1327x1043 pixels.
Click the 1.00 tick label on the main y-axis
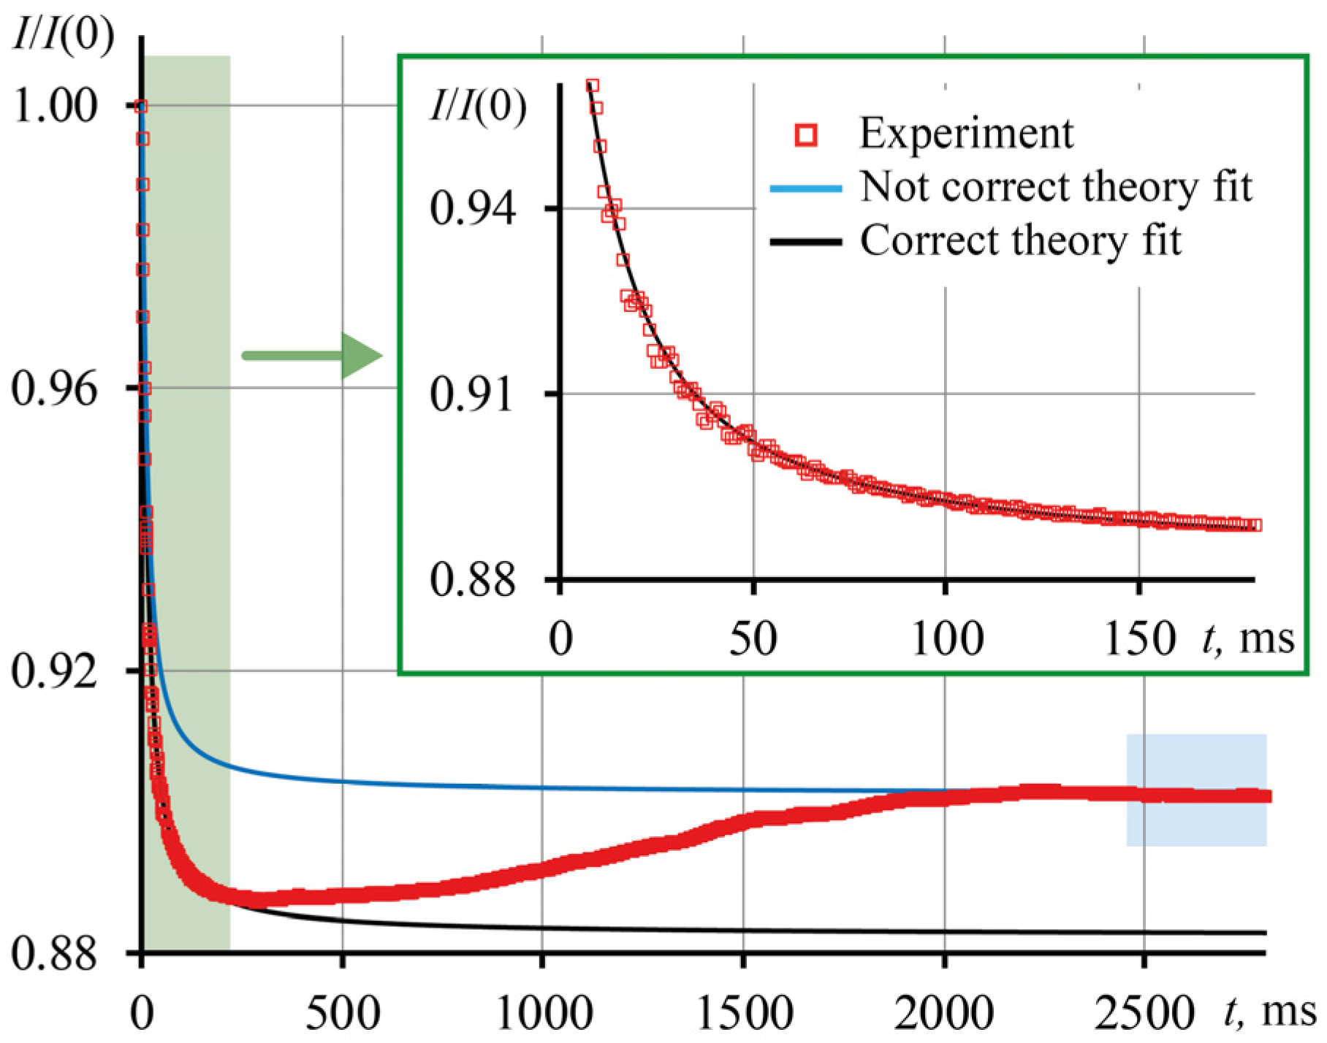coord(56,106)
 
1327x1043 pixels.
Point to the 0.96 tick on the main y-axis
coord(54,389)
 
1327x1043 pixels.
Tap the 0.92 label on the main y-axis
coord(54,671)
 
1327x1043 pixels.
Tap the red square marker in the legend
coord(806,135)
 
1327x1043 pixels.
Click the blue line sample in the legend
coord(806,188)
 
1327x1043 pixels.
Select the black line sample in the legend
coord(806,242)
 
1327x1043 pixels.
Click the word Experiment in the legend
coord(965,134)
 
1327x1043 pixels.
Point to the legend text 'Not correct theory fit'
coord(1055,187)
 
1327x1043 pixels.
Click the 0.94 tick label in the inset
coord(473,209)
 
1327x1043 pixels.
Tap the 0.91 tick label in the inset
coord(471,394)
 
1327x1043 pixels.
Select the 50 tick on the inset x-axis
coord(753,639)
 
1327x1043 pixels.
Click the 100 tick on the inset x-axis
coord(947,639)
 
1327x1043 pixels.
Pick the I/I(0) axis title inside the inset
coord(477,107)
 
